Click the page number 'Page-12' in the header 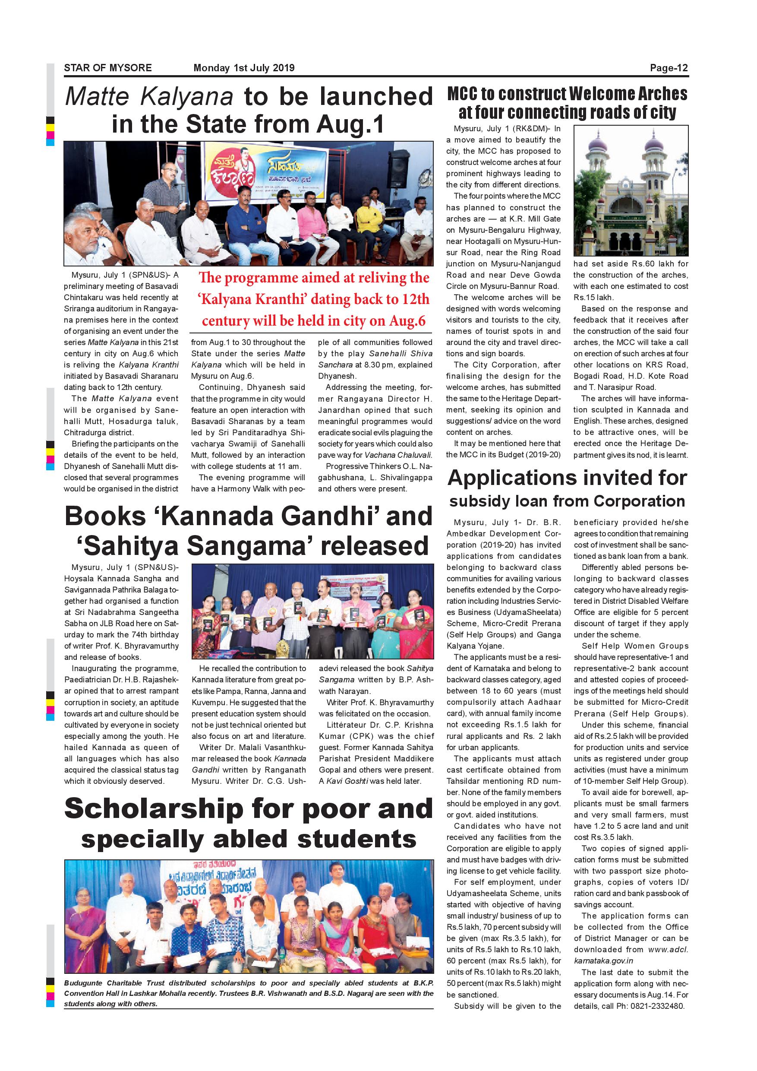pos(669,68)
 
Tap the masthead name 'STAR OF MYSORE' pos(107,68)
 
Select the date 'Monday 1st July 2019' pos(244,68)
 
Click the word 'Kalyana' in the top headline pos(186,97)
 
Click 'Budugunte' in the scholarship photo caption pos(82,983)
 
